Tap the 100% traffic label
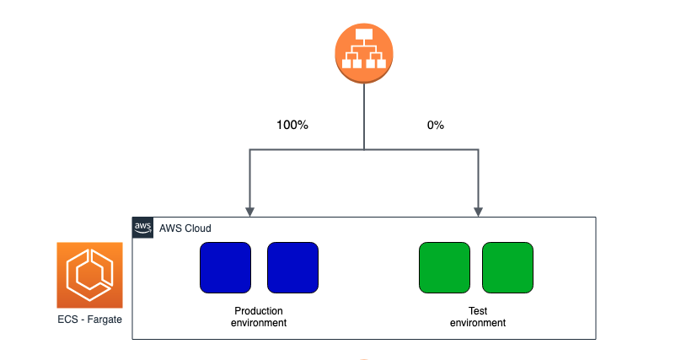point(292,125)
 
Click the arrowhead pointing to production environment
point(249,210)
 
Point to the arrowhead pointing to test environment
point(479,210)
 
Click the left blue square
point(225,267)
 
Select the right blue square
point(292,267)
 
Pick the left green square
point(444,267)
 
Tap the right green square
point(507,267)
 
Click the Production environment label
point(259,316)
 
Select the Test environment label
point(477,316)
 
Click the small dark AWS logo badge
point(143,228)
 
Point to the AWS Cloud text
point(185,228)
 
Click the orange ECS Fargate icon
point(89,275)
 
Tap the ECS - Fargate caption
point(89,321)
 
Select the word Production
point(259,310)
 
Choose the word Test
point(477,310)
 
